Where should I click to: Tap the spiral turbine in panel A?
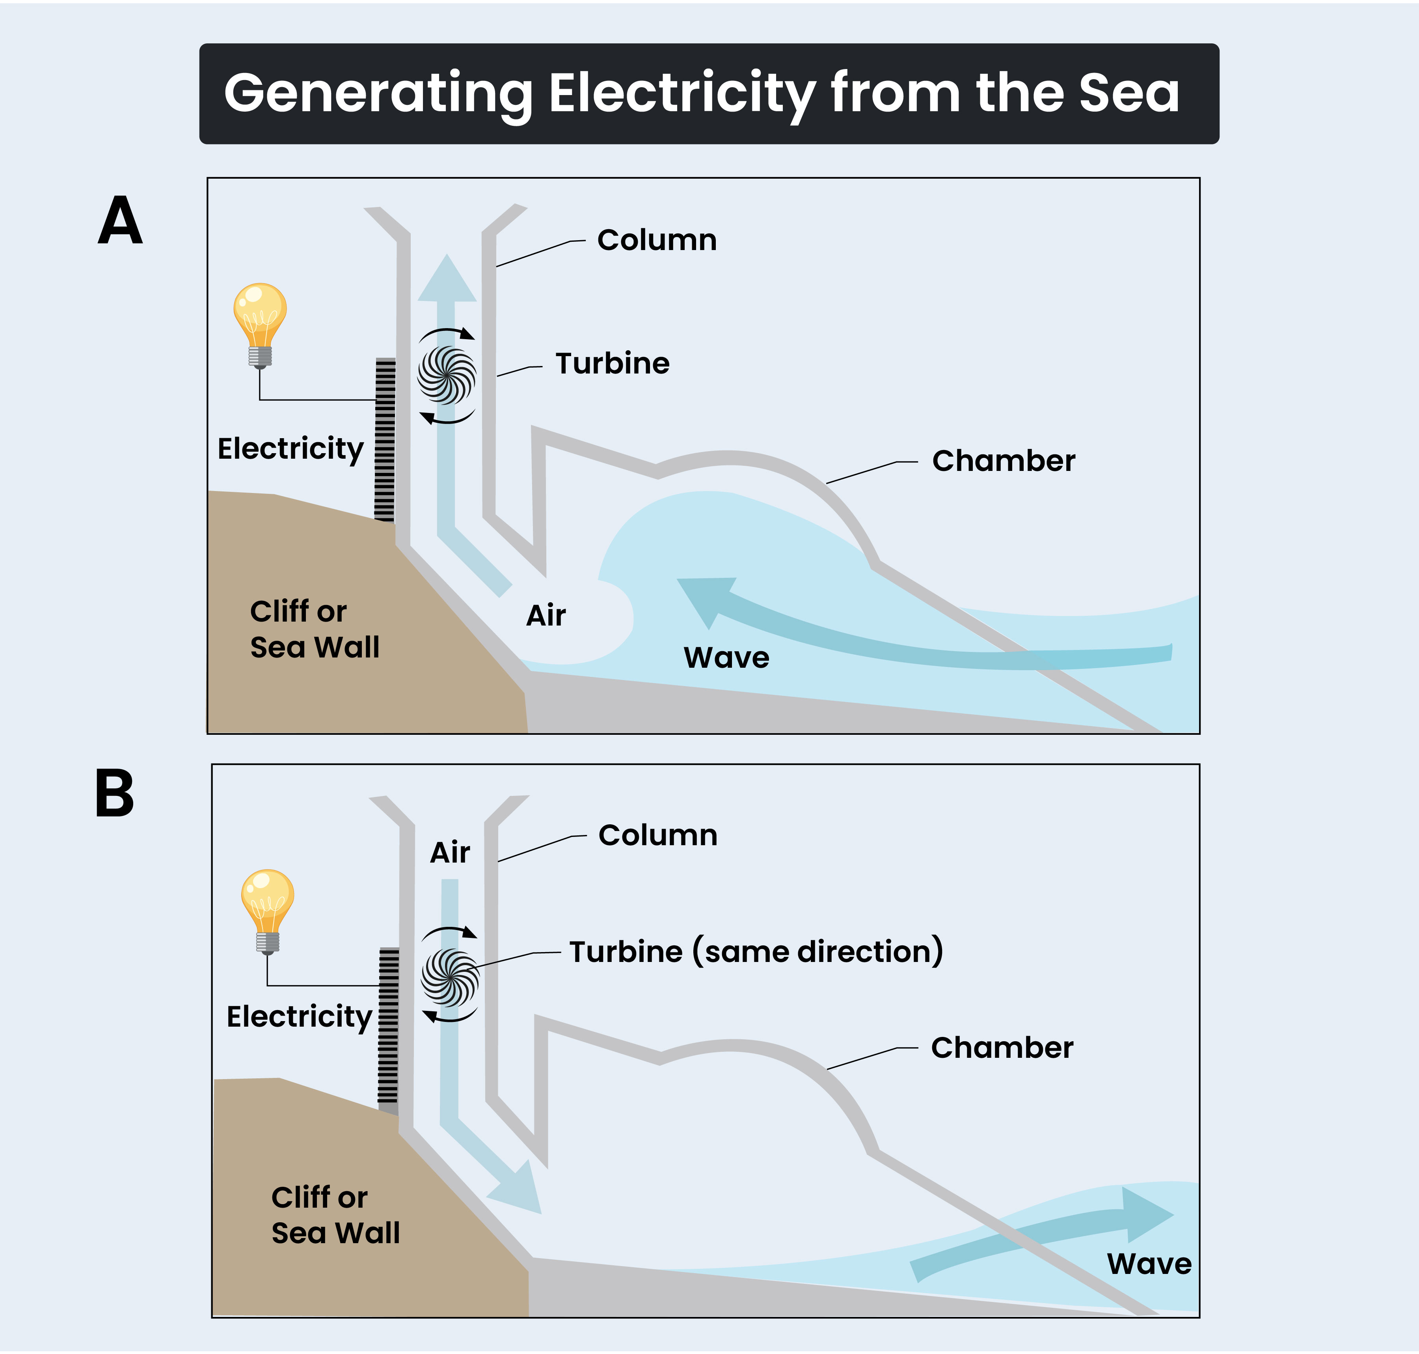coord(447,375)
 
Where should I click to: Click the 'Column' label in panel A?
coord(656,240)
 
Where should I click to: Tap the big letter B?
coord(115,794)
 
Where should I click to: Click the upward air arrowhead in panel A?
coord(447,282)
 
